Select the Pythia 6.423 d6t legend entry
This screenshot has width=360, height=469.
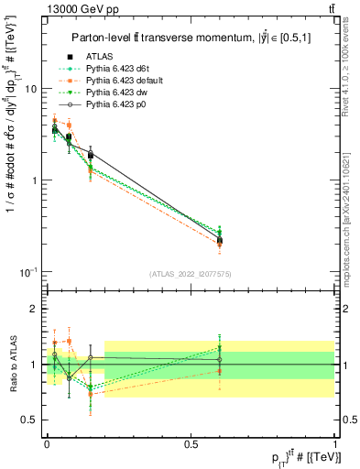click(121, 68)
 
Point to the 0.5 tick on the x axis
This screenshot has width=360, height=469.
click(191, 442)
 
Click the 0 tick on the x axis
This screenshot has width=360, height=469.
click(47, 442)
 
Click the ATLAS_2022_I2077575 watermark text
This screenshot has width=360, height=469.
click(191, 274)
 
